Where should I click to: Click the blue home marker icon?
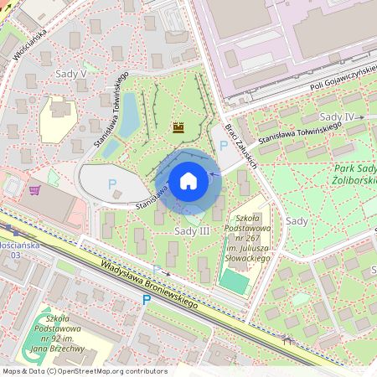point(188,181)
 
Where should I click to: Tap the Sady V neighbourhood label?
point(70,74)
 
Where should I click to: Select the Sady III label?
point(192,230)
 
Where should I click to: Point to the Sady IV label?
point(337,116)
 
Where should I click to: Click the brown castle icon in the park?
point(178,127)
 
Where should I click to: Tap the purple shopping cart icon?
point(34,190)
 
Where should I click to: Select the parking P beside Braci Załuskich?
point(223,146)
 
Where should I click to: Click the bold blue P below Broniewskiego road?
point(146,299)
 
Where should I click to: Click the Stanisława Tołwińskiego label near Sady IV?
point(299,132)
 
